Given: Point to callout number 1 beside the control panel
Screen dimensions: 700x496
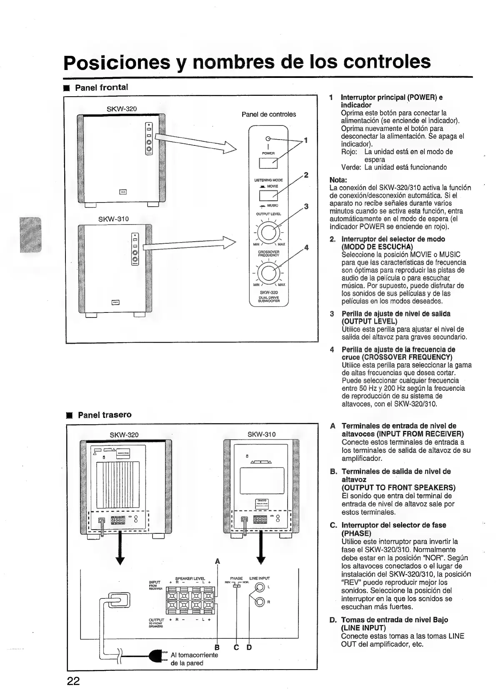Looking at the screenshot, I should pos(306,140).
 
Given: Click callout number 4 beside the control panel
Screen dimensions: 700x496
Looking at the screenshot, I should pos(306,247).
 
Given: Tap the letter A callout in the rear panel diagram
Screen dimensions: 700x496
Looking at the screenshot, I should pos(217,561).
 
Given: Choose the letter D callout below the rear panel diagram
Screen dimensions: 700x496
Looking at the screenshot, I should pos(249,647).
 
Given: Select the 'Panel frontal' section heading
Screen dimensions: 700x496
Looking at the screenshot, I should pos(101,87).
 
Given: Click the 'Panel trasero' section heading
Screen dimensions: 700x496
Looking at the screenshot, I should pos(105,415).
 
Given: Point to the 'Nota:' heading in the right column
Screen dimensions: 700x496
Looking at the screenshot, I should pos(338,180).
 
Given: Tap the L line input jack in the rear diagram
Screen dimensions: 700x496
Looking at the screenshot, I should pos(260,587).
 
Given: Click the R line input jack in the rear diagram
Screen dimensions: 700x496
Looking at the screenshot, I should pos(260,601).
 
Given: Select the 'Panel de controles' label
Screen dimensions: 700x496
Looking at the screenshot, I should pos(269,114).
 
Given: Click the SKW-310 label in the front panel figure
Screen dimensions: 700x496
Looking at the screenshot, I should pos(113,219).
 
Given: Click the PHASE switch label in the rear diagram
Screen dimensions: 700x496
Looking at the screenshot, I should pos(236,578).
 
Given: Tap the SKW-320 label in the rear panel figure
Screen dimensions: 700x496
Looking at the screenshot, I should pos(124,435).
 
